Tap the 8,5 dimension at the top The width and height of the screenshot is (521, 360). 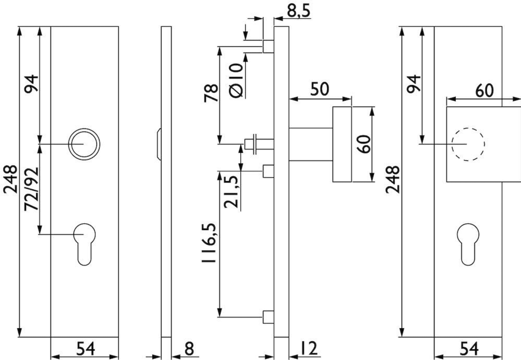[298, 11]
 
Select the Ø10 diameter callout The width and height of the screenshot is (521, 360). [236, 81]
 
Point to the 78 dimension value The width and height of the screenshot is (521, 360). [211, 93]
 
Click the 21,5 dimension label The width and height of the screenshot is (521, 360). [231, 192]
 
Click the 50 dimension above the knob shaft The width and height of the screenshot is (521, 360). [319, 89]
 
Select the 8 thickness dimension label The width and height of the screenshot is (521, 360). [189, 349]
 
